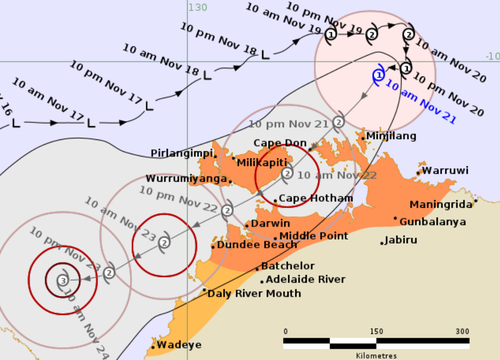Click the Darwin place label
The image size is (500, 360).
pos(270,223)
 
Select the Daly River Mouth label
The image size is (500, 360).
pos(253,293)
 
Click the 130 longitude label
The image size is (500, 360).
pos(197,7)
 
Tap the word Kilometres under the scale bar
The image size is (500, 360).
pos(373,353)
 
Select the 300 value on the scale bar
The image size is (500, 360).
pos(463,331)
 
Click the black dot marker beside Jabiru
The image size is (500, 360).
pos(384,241)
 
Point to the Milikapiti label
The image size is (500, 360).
pos(268,159)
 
